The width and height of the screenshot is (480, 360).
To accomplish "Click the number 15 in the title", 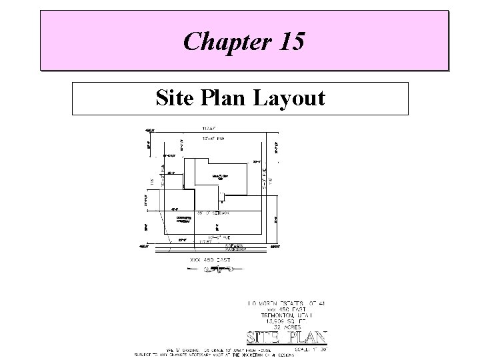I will click(289, 42).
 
